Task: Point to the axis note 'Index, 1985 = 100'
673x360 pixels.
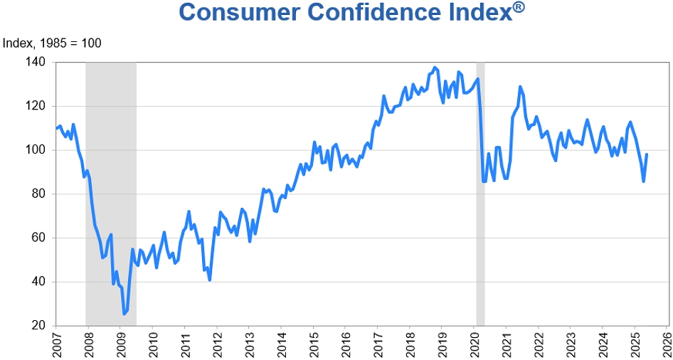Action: point(52,43)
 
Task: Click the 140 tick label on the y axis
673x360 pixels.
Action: point(36,63)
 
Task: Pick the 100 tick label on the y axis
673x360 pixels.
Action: point(36,150)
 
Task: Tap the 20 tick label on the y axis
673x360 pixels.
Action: point(38,326)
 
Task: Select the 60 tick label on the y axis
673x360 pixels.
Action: point(38,238)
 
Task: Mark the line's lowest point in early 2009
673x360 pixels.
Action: point(124,314)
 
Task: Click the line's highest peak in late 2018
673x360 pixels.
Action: point(435,68)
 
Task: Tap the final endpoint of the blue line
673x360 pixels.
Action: point(647,154)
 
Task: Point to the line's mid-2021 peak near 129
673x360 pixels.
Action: point(520,87)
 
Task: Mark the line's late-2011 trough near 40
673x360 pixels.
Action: point(210,280)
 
